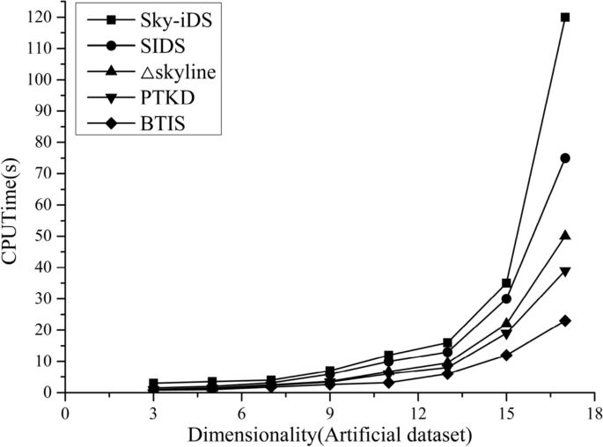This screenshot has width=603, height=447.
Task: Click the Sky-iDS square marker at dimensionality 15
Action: (506, 283)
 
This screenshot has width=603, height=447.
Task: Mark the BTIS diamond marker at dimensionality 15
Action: (506, 355)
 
